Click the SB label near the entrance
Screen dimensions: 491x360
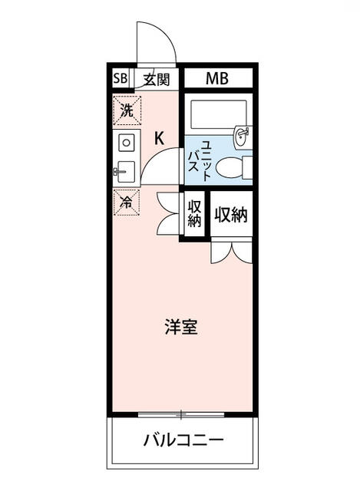(x=121, y=78)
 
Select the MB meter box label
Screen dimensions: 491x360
(x=216, y=78)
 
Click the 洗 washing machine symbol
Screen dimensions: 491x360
(x=126, y=110)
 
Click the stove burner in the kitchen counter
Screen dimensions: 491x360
(x=126, y=143)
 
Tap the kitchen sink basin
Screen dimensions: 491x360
(x=127, y=171)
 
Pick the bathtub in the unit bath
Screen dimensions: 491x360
(x=218, y=116)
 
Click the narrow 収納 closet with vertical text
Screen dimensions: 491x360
(x=194, y=215)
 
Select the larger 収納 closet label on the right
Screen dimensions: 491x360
(x=230, y=215)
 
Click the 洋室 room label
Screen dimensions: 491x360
(x=181, y=327)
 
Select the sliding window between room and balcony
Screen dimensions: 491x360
(x=181, y=416)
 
